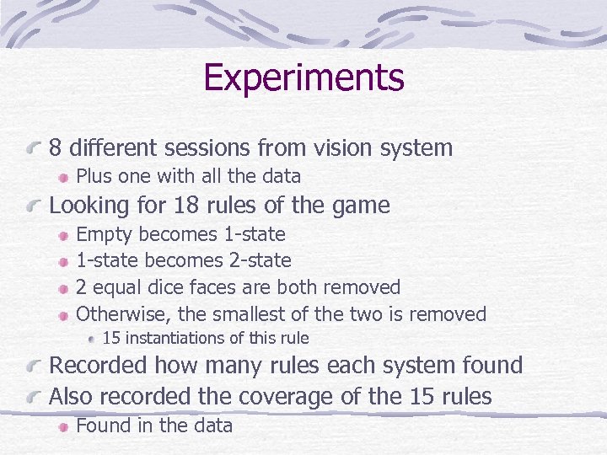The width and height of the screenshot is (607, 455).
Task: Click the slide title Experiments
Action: pos(303,78)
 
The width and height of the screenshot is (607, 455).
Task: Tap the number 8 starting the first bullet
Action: pos(56,148)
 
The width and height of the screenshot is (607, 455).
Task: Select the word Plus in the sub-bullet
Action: pos(94,176)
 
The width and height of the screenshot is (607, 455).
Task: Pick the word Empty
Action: pos(105,234)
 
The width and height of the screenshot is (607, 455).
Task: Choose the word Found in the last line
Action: pos(103,426)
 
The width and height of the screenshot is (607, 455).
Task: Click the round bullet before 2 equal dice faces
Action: pos(64,288)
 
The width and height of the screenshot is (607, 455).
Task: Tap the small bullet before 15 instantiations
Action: pos(92,340)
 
